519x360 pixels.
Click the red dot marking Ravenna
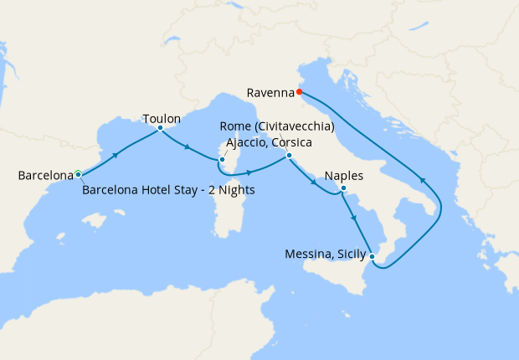point(299,92)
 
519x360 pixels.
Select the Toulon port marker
point(160,128)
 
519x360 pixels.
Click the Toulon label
point(162,119)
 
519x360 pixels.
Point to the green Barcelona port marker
point(78,173)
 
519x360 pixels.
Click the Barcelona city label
point(46,176)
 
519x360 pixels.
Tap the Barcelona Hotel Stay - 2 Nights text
point(168,190)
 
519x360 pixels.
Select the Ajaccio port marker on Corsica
point(222,159)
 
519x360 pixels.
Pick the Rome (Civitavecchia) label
point(277,126)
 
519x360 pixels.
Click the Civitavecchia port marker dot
point(288,155)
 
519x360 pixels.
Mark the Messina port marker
point(373,256)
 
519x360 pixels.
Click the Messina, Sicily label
point(324,254)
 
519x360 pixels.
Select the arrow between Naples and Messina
point(356,219)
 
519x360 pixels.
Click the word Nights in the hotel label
point(236,190)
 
